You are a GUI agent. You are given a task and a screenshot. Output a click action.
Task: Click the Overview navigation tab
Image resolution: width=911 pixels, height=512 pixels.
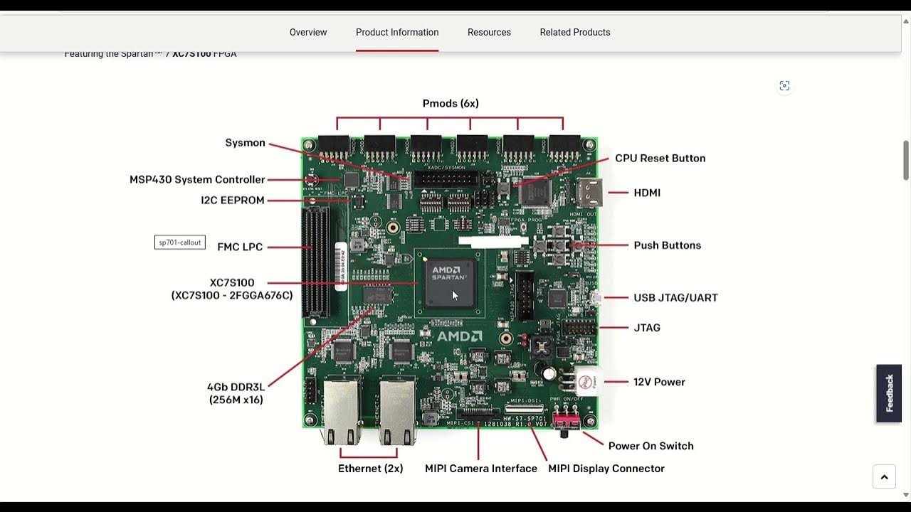coord(307,32)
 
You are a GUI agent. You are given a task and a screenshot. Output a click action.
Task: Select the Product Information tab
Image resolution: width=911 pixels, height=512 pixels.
coord(397,32)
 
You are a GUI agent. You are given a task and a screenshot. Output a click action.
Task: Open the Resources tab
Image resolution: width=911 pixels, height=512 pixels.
coord(489,32)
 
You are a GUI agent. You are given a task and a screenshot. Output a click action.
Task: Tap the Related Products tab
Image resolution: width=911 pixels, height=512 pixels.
coord(574,32)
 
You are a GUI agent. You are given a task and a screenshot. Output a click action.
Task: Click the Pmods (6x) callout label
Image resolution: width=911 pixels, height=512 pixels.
coord(451,104)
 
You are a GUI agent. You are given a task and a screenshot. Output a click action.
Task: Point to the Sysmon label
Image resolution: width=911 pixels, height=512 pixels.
coord(245,143)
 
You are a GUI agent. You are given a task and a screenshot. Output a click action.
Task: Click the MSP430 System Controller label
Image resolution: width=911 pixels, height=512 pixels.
coord(197,180)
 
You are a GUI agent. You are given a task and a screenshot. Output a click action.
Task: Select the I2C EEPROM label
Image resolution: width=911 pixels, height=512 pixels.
coord(232,201)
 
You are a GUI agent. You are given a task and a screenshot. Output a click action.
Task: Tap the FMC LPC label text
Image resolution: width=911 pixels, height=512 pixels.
coord(240,247)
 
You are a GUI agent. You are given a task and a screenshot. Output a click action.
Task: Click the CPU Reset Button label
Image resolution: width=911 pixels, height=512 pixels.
coord(660,159)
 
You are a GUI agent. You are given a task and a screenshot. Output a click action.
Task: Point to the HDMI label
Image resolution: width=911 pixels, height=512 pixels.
coord(647,193)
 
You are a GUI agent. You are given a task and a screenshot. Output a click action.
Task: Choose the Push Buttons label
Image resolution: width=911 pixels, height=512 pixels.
coord(667,245)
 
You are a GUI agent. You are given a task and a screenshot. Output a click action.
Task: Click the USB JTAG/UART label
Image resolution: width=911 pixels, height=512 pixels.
coord(675,298)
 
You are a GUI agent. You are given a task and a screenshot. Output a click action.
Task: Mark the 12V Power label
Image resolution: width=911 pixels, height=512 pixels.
coord(659,382)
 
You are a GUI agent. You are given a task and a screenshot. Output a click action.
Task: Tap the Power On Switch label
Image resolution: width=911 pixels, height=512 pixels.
coord(651,446)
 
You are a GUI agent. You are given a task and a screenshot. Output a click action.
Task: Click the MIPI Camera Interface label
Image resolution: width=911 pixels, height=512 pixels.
coord(480,469)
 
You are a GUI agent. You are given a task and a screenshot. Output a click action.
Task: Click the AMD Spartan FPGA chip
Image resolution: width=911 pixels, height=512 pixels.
coord(450,282)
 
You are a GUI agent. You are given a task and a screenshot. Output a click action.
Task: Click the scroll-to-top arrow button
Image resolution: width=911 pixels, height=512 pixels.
coord(884,477)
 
